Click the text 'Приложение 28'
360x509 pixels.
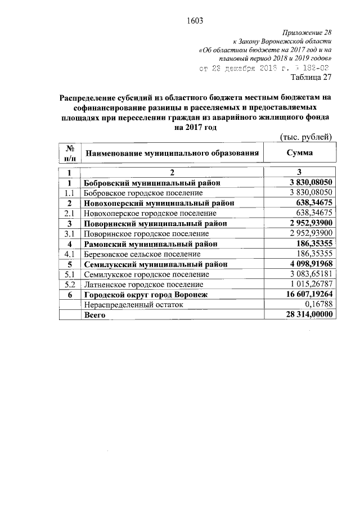[308, 34]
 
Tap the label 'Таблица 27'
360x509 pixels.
[310, 77]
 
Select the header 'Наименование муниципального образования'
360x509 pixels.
[172, 153]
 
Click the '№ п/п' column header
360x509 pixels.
[70, 152]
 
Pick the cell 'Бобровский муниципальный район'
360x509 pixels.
[151, 183]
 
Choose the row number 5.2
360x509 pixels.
[70, 284]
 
